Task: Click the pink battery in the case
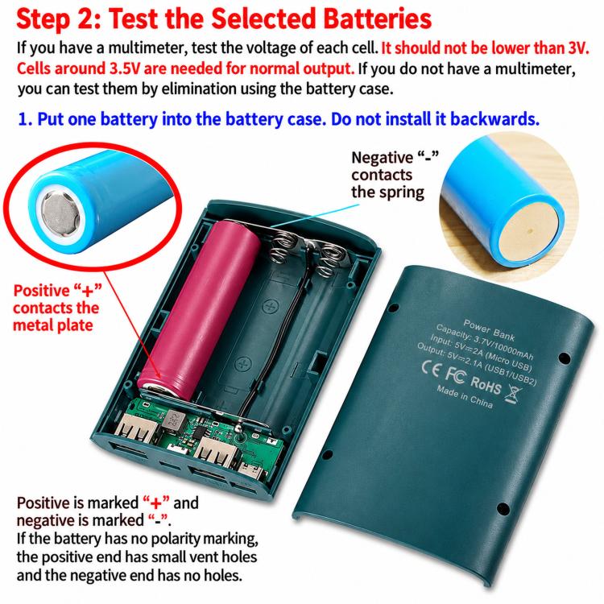point(201,308)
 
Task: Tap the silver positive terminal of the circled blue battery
point(60,213)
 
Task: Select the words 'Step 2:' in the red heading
point(59,19)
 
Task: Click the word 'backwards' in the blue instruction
point(494,118)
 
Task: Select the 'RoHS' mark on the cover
point(486,384)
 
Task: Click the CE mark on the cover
point(430,369)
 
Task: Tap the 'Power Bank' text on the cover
point(489,330)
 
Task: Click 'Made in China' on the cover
point(465,397)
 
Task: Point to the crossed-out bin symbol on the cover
point(514,394)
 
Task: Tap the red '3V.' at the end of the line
point(578,48)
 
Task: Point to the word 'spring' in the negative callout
point(402,193)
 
